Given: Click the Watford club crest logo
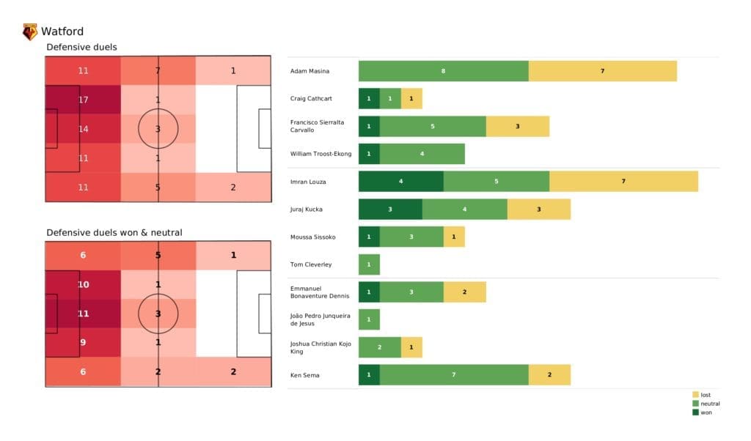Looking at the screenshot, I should (x=30, y=31).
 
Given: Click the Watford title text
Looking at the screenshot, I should (x=62, y=31).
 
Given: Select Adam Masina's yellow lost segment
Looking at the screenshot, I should (x=602, y=71).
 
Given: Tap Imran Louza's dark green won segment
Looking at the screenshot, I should (x=400, y=181).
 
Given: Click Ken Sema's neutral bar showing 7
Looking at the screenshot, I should (x=453, y=374).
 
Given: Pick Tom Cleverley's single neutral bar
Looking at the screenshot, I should (x=369, y=264).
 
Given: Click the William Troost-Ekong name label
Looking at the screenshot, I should (x=321, y=154).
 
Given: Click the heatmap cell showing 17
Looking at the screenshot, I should (x=83, y=100).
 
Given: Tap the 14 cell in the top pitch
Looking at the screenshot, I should (x=83, y=128).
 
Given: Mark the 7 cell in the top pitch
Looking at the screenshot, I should (x=158, y=71).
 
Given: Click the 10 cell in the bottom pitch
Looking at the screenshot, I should (x=83, y=284).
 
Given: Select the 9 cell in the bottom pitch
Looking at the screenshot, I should (x=83, y=341).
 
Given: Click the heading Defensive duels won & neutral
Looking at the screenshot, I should (x=114, y=232).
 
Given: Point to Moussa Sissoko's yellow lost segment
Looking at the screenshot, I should (x=453, y=237).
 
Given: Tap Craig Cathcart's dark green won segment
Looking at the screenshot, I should (x=369, y=99).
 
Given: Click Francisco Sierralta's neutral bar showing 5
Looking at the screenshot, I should (x=432, y=126).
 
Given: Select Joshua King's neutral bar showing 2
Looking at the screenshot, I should (x=379, y=347).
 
